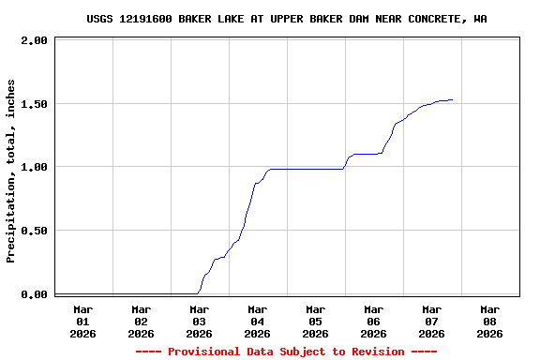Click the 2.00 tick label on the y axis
coord(33,41)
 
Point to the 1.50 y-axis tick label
coord(33,104)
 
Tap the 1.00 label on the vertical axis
coord(33,167)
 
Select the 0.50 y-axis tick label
coord(33,231)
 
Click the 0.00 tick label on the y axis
coord(33,294)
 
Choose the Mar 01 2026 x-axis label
coord(82,321)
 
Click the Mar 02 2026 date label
coord(141,321)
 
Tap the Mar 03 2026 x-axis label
coord(199,321)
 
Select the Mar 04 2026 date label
coord(257,321)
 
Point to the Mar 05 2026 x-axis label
coord(315,321)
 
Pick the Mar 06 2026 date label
coord(373,321)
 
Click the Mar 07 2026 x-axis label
coord(431,321)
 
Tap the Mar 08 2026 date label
coord(489,321)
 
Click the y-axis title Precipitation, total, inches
coord(11,171)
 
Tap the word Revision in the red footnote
coord(373,352)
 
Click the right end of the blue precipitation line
coord(453,99)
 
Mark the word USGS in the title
coord(100,19)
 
